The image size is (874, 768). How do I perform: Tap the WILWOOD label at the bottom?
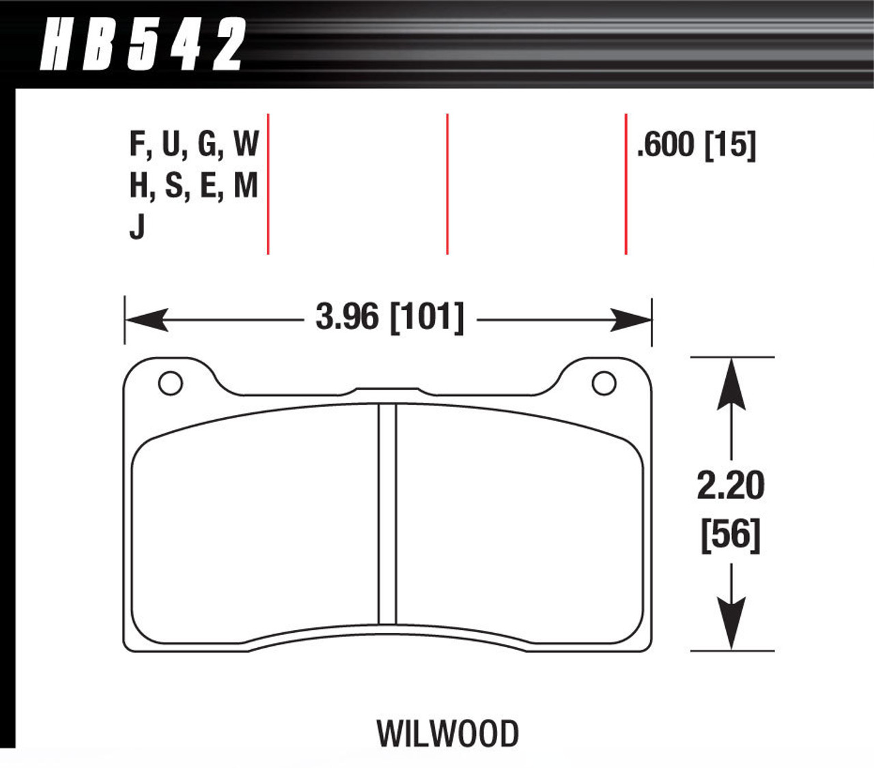click(447, 734)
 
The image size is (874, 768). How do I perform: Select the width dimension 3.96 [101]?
click(389, 317)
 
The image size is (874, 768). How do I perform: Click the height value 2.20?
click(731, 486)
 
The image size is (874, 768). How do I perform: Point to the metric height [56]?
click(731, 535)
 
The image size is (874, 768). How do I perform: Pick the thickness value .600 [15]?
click(696, 145)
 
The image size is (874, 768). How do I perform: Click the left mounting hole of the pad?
click(170, 383)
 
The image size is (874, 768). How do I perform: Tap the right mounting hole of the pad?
click(604, 383)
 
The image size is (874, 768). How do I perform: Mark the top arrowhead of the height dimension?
click(731, 382)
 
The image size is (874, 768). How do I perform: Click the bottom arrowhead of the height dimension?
click(731, 625)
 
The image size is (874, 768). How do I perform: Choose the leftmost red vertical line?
click(268, 184)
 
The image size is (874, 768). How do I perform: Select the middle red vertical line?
click(447, 184)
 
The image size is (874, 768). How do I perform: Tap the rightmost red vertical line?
click(625, 184)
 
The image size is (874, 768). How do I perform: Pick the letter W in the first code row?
click(246, 144)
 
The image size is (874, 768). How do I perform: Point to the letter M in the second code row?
click(246, 185)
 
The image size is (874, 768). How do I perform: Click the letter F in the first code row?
click(137, 144)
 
